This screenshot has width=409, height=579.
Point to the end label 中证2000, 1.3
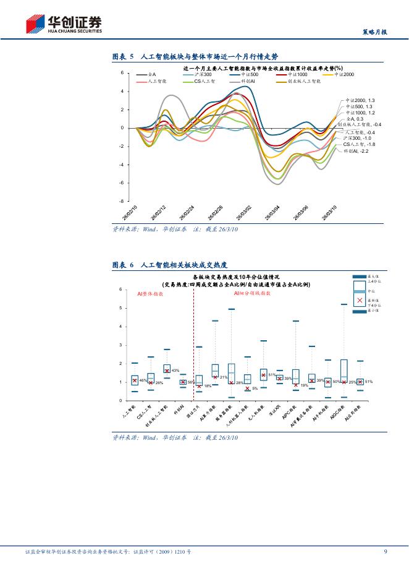(360, 100)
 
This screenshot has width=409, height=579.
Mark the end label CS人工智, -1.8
(359, 144)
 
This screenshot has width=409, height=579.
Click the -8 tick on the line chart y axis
(122, 201)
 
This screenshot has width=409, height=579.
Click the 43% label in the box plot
(175, 371)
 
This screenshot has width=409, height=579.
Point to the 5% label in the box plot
(255, 388)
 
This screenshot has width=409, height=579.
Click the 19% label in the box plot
(304, 385)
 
